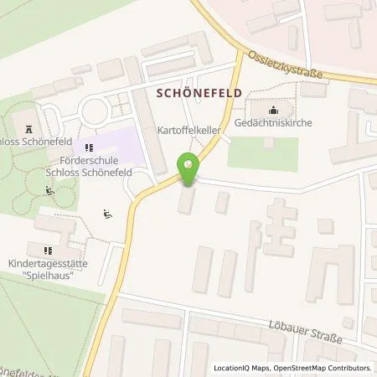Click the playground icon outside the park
click(106, 214)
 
